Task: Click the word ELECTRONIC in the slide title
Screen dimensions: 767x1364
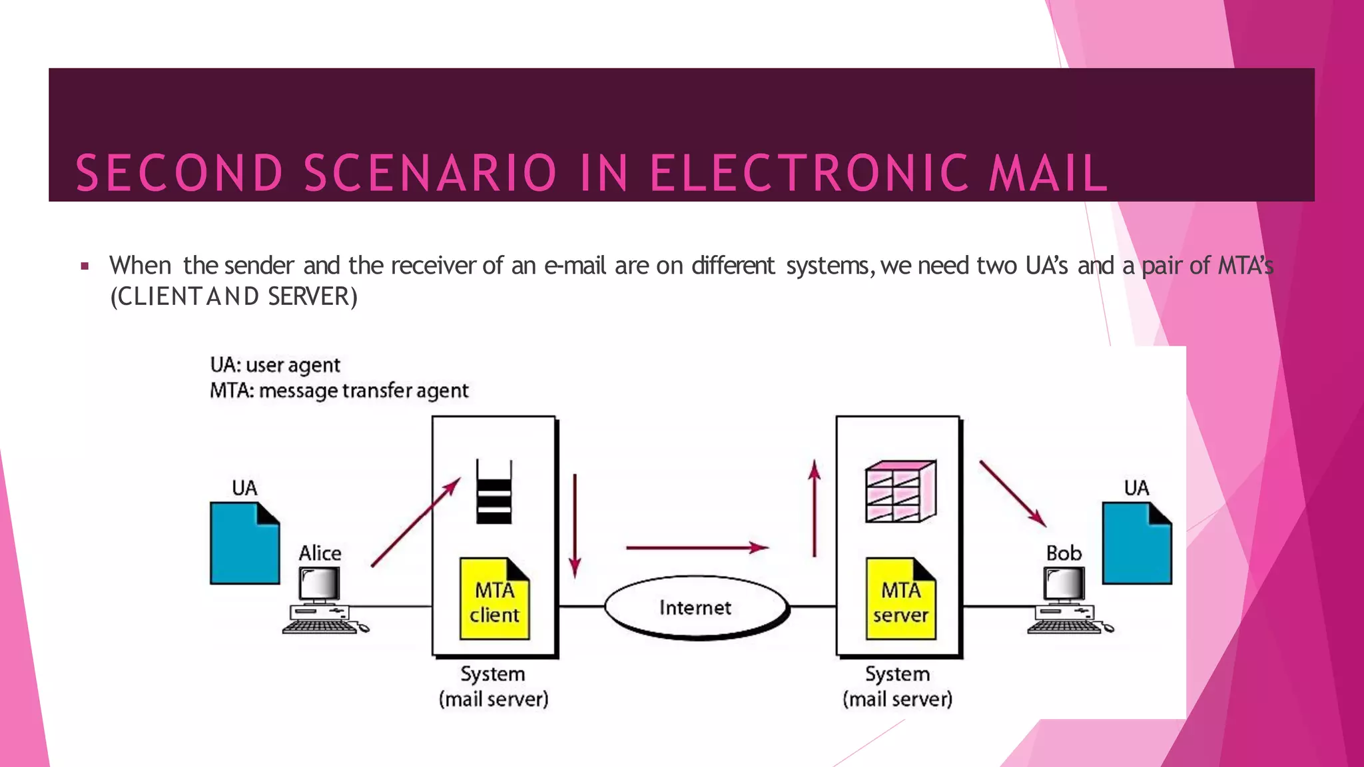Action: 809,173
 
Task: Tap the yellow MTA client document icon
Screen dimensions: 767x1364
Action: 494,599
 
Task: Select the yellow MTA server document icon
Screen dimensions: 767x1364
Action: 900,599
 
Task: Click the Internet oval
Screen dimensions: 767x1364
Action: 696,607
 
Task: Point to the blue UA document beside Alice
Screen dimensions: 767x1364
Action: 244,543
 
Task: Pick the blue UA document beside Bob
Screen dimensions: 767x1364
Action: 1136,543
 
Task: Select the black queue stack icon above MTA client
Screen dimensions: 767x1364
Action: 494,492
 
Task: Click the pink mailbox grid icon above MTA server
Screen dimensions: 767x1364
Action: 900,491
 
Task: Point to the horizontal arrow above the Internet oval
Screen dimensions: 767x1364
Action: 697,547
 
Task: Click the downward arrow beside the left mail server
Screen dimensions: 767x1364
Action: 575,526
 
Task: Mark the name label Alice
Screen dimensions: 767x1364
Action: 320,553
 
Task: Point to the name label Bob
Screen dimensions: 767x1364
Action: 1064,553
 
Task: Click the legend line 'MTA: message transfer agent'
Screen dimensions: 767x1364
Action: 339,390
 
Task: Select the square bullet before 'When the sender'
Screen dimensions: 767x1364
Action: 85,266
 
